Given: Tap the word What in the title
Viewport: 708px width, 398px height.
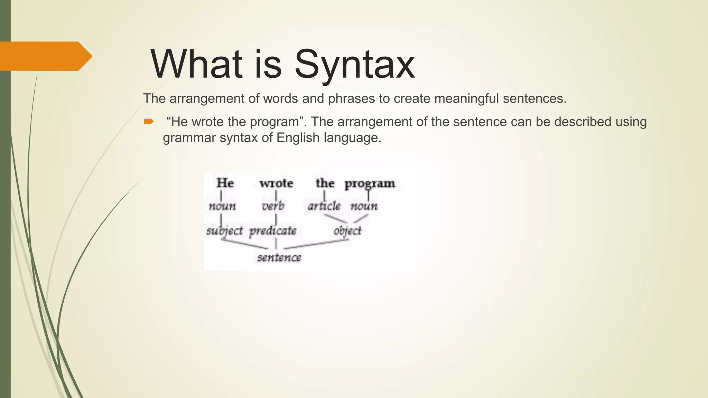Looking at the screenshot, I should (196, 64).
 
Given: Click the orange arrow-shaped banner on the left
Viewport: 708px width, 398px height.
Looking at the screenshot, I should (45, 56).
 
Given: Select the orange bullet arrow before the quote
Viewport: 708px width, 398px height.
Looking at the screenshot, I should (149, 121).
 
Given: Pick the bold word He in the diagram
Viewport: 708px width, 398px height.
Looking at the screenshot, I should (225, 183).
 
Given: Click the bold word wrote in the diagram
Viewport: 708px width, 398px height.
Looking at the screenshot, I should (276, 183).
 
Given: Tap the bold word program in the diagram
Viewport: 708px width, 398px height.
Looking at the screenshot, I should (370, 183).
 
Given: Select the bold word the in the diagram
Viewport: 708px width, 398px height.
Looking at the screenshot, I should (325, 183).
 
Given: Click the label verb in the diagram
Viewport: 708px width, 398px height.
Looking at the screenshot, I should (273, 206).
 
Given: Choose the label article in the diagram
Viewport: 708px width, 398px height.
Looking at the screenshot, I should (324, 206).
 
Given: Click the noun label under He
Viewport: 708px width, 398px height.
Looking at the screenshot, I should (222, 207).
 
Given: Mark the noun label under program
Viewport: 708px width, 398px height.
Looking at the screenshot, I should (364, 207).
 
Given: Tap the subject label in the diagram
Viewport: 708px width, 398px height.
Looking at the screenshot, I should (224, 231).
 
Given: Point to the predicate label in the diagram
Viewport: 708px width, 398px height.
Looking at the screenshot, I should (273, 231).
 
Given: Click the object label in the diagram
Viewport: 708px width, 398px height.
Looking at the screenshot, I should (347, 231).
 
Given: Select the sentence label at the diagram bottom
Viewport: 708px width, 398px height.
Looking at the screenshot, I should (279, 257).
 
